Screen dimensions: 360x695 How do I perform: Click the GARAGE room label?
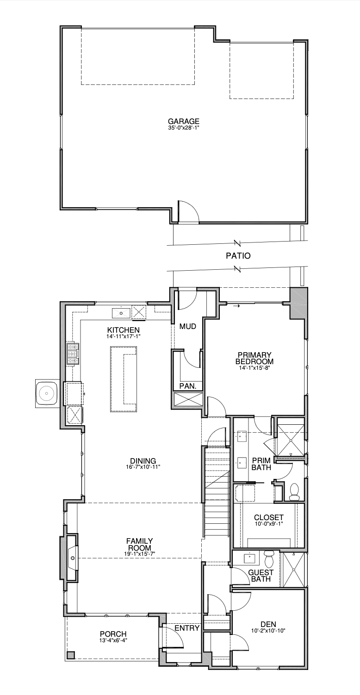point(183,121)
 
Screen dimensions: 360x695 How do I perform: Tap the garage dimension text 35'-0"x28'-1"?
point(183,127)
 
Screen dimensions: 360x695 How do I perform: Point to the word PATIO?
point(238,256)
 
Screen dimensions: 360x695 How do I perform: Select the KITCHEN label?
point(123,330)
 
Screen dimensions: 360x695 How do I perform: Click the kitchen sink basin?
point(121,313)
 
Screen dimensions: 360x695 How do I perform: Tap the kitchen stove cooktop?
point(73,354)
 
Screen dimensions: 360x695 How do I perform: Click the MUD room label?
point(188,326)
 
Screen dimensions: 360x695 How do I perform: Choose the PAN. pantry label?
point(188,386)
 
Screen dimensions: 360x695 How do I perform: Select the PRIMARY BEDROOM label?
point(254,358)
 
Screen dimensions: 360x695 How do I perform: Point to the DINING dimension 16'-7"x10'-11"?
point(143,466)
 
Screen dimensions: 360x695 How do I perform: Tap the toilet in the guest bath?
point(268,558)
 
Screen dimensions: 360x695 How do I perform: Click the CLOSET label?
point(269,517)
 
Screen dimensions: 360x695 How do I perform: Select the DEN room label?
point(268,624)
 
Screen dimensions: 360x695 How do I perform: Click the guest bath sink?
point(249,558)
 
